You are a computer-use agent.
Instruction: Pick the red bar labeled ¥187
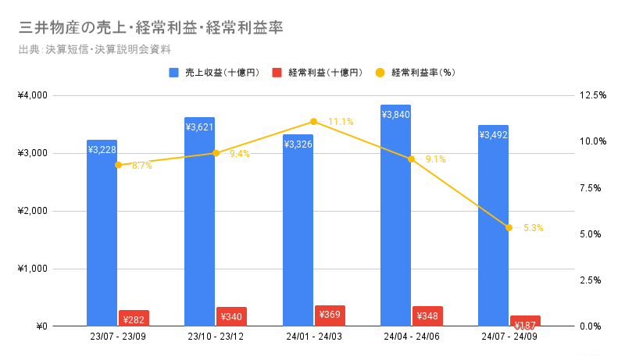tap(525, 321)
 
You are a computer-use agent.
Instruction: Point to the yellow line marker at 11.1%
tap(313, 122)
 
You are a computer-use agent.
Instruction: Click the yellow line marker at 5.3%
tap(509, 228)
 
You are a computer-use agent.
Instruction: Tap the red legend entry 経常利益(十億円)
tap(317, 73)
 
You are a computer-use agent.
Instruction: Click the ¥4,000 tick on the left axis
tap(32, 95)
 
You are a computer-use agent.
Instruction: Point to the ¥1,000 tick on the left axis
tap(32, 269)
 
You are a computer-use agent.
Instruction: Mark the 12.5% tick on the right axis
tap(591, 95)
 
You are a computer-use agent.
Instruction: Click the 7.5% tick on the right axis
tap(591, 187)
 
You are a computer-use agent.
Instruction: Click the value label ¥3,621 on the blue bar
tap(199, 127)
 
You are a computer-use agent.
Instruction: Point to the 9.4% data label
tap(239, 154)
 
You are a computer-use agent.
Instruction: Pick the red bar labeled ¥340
tap(231, 317)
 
